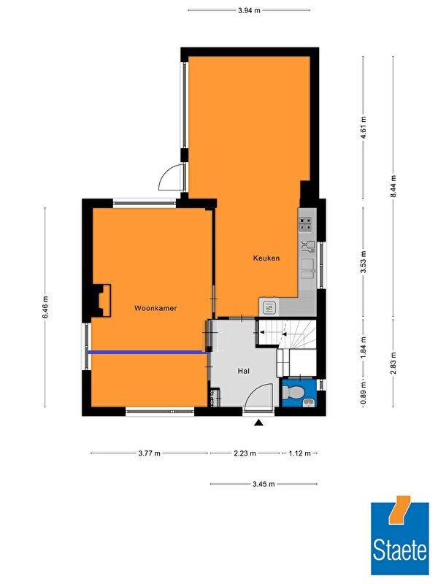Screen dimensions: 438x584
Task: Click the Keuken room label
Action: (x=266, y=258)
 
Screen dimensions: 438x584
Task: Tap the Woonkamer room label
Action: (x=155, y=308)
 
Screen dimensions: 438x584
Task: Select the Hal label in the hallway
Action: (x=244, y=371)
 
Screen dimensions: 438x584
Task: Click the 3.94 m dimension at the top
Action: (x=249, y=10)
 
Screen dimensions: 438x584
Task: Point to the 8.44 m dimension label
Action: (x=393, y=188)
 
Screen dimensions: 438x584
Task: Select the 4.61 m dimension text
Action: (x=364, y=127)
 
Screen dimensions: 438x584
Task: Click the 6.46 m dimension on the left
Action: (x=45, y=307)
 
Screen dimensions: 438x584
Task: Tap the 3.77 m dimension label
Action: (x=150, y=453)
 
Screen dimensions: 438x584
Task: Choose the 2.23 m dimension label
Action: (x=245, y=453)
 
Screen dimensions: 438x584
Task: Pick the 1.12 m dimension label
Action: (x=299, y=453)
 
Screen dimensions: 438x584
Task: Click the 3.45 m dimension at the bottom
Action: (x=264, y=484)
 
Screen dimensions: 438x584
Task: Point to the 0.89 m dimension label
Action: (x=364, y=393)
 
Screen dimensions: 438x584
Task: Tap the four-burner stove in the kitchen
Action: (x=306, y=224)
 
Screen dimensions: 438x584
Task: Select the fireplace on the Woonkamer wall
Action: (x=101, y=301)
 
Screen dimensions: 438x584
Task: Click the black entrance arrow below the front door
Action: (x=259, y=423)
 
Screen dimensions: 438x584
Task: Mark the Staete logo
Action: (x=399, y=535)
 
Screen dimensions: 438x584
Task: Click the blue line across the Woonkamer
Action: (x=148, y=352)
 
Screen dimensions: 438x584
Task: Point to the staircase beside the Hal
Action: (x=287, y=333)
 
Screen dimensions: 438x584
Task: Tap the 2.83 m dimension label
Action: (x=393, y=363)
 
